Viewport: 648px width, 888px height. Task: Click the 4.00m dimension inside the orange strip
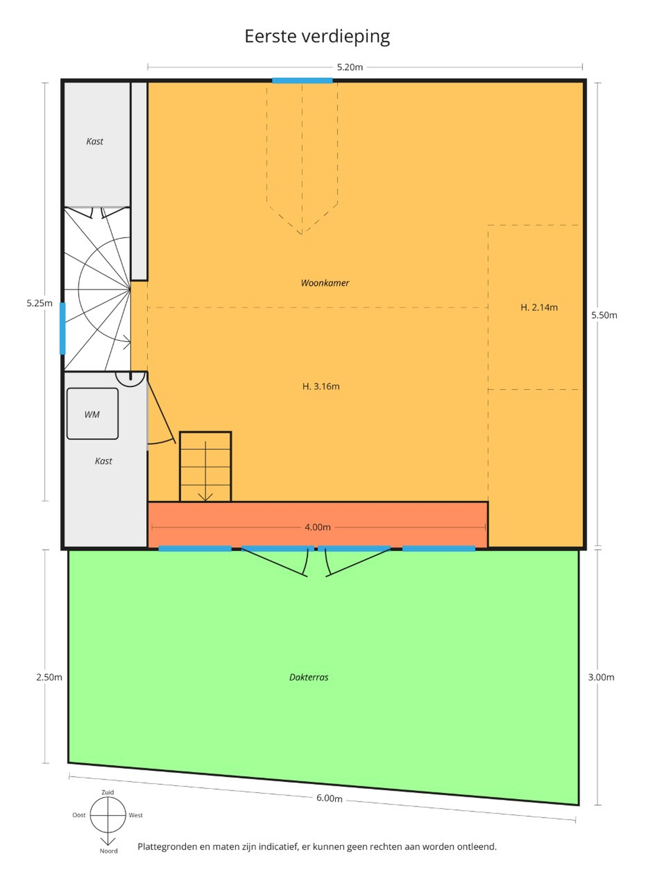(x=318, y=527)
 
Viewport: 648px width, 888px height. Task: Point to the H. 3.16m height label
(x=321, y=386)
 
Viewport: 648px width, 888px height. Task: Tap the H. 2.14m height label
(x=539, y=307)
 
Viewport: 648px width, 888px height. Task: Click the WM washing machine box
(x=93, y=414)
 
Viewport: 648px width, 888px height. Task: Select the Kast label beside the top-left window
(x=94, y=142)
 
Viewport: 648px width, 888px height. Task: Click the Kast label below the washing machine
(x=104, y=461)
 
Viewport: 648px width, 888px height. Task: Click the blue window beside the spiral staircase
(x=62, y=328)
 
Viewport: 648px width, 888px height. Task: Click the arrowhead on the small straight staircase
(x=205, y=497)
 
